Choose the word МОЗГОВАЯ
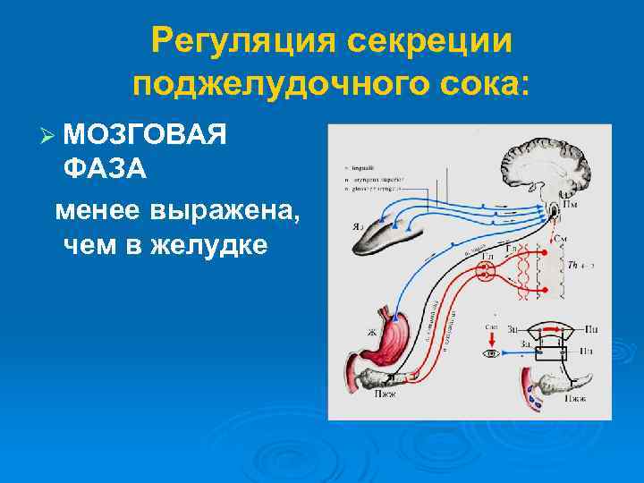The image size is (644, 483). tap(145, 135)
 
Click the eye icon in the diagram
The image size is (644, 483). tap(491, 353)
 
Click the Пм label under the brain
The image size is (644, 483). tap(569, 208)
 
